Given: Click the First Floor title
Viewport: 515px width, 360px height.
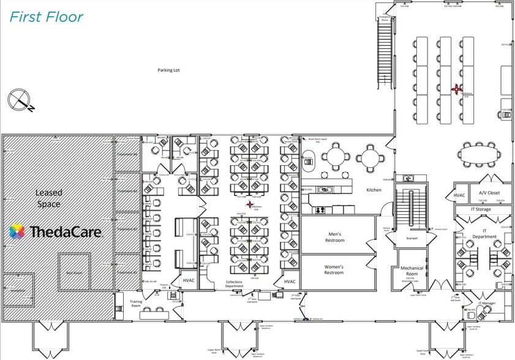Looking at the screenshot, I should (x=46, y=17).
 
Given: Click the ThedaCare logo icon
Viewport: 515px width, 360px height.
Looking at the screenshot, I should (x=17, y=231).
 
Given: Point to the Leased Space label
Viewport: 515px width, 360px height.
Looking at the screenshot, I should (x=48, y=198).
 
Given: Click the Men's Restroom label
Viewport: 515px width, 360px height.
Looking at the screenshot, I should (x=334, y=237).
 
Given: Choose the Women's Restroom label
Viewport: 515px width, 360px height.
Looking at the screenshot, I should (x=334, y=269).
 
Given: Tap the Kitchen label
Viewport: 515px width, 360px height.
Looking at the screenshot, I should (x=374, y=190).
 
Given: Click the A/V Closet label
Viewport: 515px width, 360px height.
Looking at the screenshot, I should (x=489, y=192).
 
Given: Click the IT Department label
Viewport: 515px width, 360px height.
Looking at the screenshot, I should (x=484, y=234).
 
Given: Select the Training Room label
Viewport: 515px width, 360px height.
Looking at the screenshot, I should (x=136, y=304).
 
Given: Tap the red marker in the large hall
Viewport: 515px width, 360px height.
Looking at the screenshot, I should (x=456, y=89).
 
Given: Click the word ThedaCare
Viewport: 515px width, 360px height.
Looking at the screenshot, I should (x=64, y=231).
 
